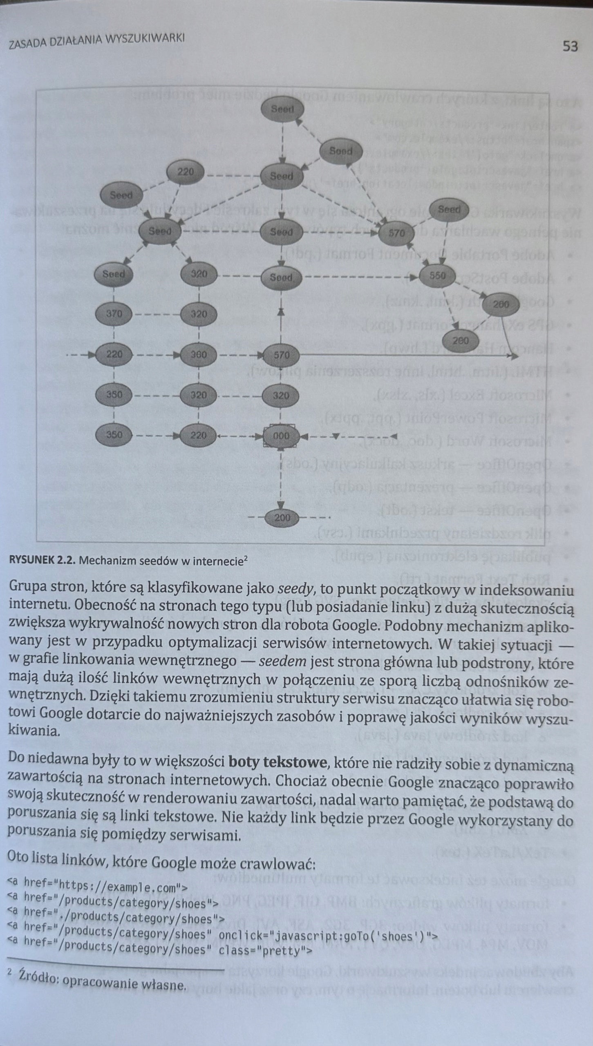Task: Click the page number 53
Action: point(570,46)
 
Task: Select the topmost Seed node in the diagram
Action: point(282,109)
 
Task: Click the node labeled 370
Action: point(114,314)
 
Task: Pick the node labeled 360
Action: point(199,354)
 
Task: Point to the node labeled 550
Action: point(437,275)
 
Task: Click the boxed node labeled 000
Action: point(281,436)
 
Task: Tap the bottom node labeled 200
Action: point(282,518)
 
